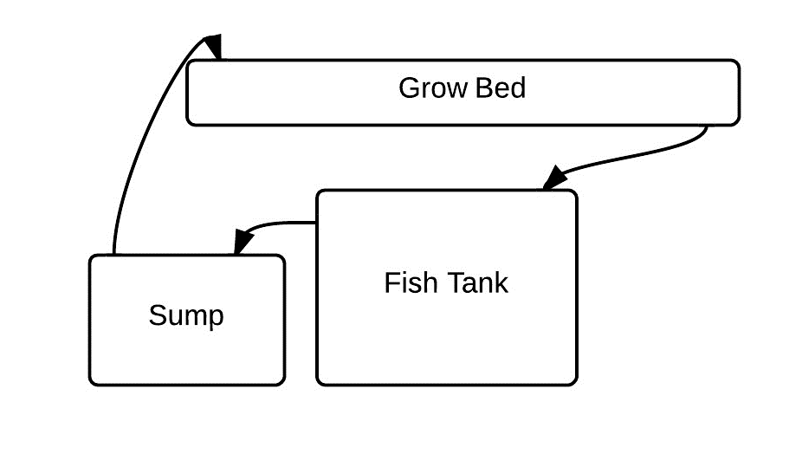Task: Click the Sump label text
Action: [186, 315]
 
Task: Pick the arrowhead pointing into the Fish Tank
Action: [554, 178]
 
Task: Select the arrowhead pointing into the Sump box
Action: [243, 243]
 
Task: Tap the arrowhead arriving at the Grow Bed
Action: [213, 46]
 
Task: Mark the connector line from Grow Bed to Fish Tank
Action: [641, 154]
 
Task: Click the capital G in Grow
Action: [408, 88]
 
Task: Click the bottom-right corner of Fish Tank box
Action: [575, 383]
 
